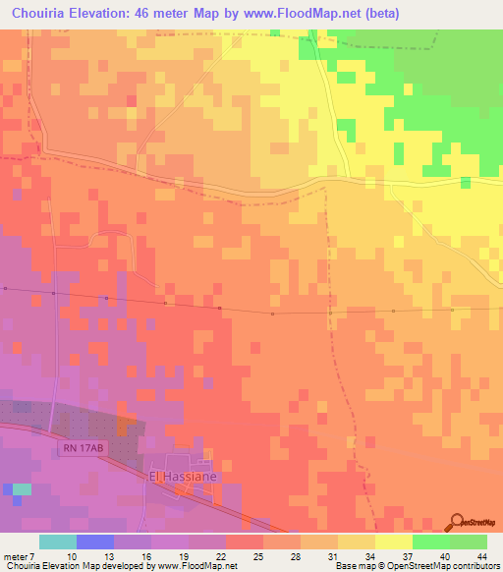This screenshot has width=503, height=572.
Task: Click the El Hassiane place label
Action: [182, 476]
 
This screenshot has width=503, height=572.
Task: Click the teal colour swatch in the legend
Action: [58, 542]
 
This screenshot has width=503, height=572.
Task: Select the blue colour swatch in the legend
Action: [95, 542]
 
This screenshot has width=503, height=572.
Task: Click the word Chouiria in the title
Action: [38, 13]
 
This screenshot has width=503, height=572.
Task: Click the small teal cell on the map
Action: [22, 488]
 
